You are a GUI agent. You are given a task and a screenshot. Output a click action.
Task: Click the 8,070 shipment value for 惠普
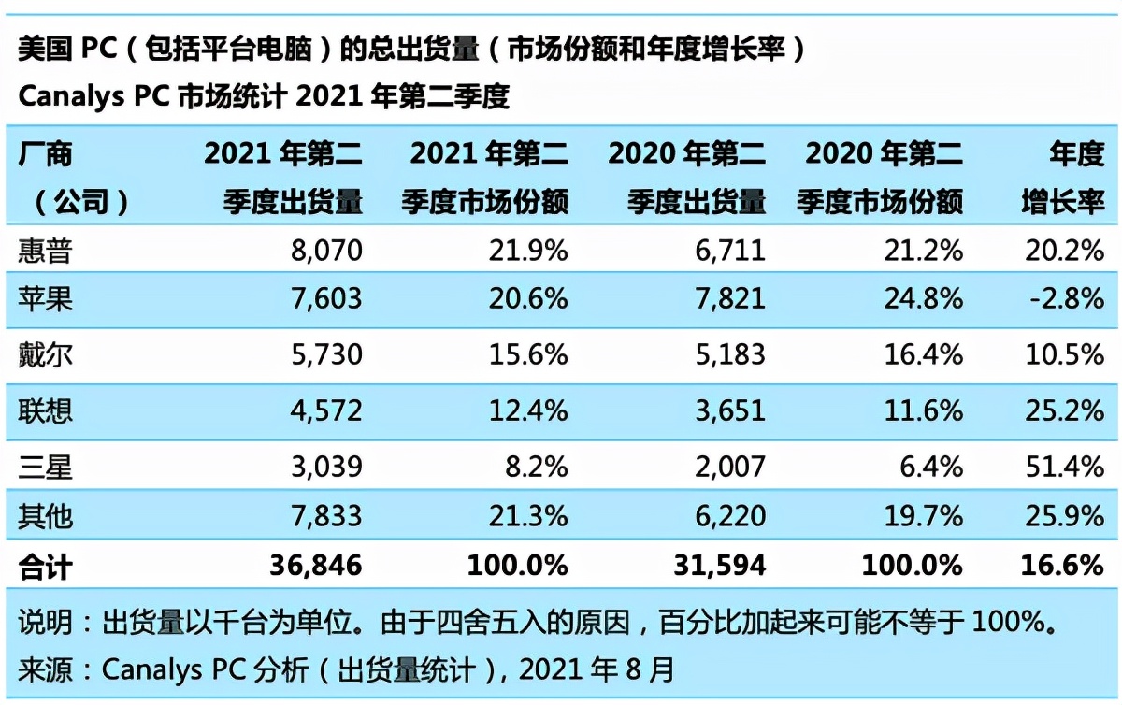323,250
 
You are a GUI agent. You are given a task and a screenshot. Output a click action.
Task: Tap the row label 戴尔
45,354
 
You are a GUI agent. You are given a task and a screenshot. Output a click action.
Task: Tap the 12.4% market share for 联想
525,410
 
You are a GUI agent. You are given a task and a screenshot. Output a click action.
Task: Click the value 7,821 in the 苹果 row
726,298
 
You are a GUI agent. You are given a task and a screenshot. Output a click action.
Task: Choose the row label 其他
45,514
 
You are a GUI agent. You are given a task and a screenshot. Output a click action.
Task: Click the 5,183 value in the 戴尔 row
726,354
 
